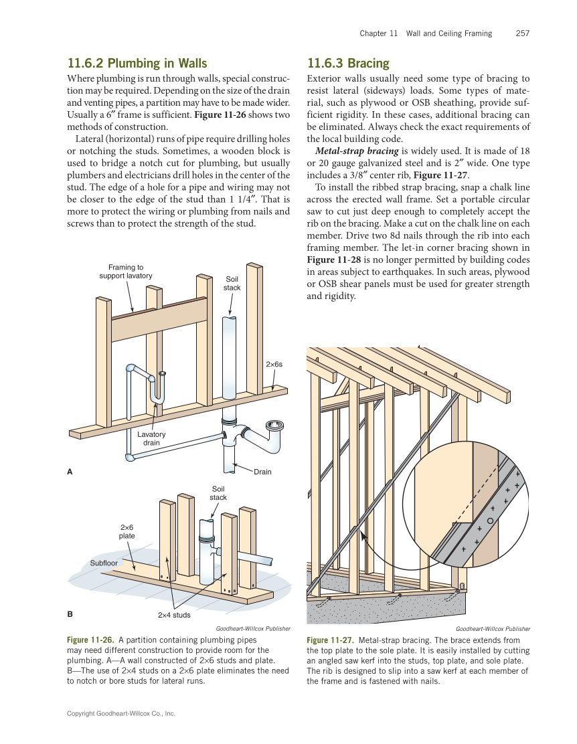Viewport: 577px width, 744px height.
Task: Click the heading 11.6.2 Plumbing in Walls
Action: point(137,64)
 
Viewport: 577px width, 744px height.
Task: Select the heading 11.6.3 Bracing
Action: point(347,64)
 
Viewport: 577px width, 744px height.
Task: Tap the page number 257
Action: point(523,33)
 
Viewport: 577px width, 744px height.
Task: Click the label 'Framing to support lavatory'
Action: point(126,272)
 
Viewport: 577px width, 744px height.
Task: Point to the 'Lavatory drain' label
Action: point(151,438)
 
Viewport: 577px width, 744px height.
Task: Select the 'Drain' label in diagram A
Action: point(262,472)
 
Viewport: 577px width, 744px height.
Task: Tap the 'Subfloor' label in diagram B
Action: point(104,563)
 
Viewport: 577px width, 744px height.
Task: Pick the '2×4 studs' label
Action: point(174,614)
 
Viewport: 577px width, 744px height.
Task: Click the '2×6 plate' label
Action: point(127,531)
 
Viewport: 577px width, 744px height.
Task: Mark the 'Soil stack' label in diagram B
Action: point(218,493)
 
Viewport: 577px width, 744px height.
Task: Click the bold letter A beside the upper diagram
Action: point(70,472)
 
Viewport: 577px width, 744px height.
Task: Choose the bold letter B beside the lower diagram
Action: point(70,613)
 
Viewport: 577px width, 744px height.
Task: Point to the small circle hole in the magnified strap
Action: point(491,521)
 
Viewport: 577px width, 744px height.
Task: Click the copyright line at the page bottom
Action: point(120,714)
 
